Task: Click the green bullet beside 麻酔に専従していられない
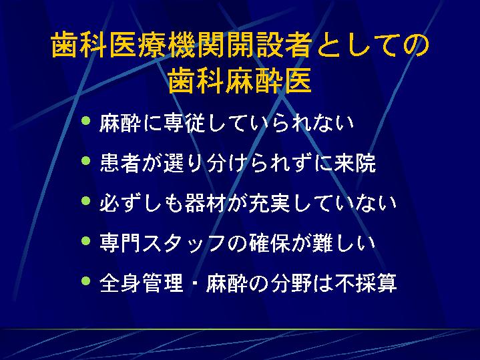86,120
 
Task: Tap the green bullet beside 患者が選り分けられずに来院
86,160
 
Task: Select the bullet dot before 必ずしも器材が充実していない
86,200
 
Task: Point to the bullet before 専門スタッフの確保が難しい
86,241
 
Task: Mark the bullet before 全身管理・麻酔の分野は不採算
86,281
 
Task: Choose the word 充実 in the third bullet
270,203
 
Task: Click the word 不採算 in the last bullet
366,283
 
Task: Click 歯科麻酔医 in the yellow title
240,80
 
